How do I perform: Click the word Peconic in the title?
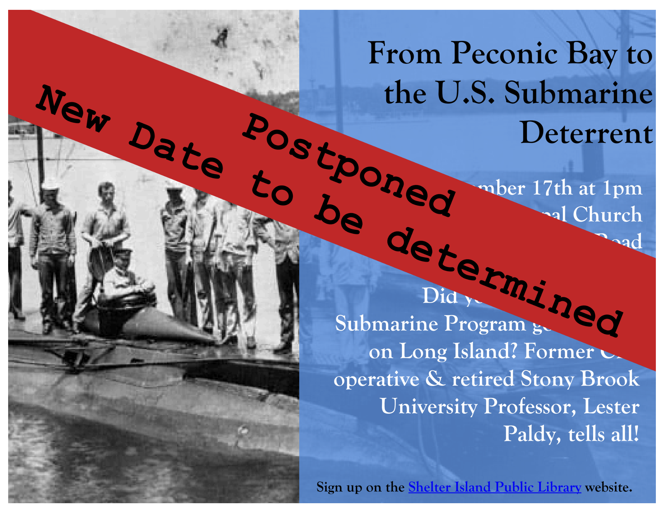pyautogui.click(x=505, y=54)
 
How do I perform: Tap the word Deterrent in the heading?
pyautogui.click(x=586, y=133)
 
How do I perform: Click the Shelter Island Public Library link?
pyautogui.click(x=494, y=487)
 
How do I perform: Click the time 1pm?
pyautogui.click(x=622, y=189)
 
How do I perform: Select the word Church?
pyautogui.click(x=607, y=214)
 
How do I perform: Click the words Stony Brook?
pyautogui.click(x=580, y=379)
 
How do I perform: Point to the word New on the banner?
pyautogui.click(x=73, y=108)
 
